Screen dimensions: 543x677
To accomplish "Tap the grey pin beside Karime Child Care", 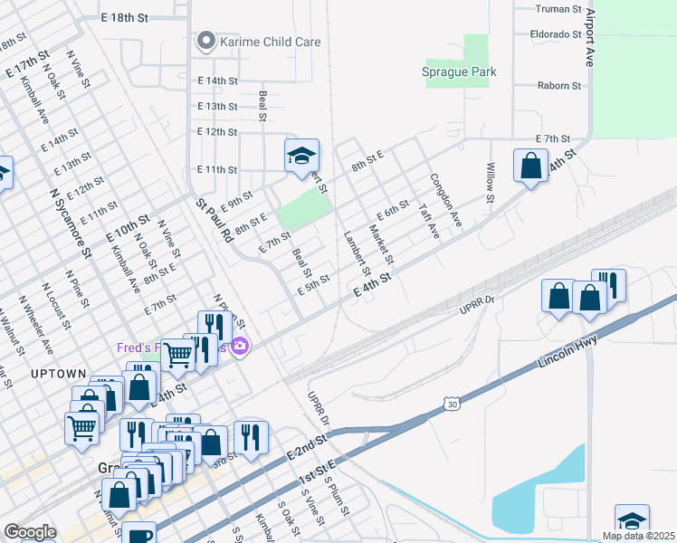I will [x=206, y=41].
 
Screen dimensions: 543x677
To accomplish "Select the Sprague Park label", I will [x=459, y=71].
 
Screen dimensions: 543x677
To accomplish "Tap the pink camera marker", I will [x=240, y=346].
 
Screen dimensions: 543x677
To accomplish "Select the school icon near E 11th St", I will [x=301, y=157].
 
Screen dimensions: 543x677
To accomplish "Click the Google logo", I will [x=30, y=532].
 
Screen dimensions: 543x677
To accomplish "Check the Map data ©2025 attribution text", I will [x=638, y=536].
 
